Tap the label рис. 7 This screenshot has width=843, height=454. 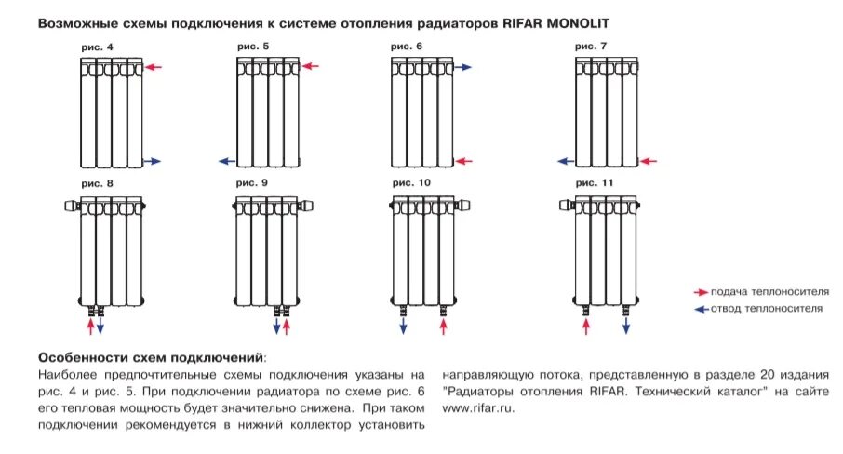pos(592,45)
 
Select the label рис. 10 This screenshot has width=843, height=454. pos(412,183)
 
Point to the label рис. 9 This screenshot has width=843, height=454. pos(251,183)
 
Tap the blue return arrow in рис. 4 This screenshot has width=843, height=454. pos(152,162)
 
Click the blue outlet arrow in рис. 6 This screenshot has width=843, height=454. pos(463,67)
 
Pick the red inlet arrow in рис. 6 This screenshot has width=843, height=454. pos(463,162)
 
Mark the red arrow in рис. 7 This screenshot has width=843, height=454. pos(648,162)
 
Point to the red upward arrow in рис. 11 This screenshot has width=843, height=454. pos(585,326)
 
